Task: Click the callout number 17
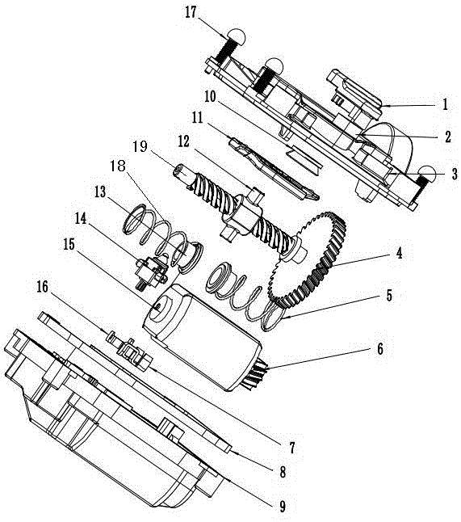191,14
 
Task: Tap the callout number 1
446,104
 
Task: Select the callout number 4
399,253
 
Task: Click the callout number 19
140,146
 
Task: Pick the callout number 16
42,287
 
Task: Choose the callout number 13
100,192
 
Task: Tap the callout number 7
291,448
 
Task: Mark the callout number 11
197,118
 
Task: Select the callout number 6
379,348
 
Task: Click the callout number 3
454,174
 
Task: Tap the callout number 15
69,244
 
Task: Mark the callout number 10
210,97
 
